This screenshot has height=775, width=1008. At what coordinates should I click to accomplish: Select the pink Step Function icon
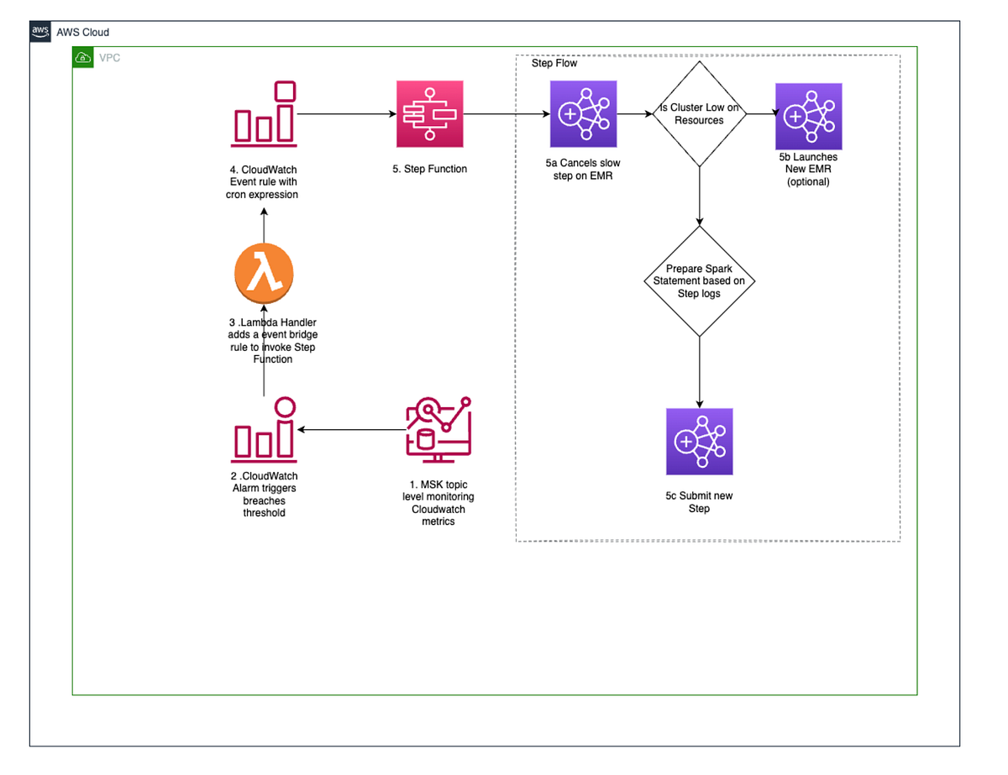pyautogui.click(x=429, y=114)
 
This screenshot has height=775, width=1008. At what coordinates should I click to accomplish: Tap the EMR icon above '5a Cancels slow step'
pyautogui.click(x=582, y=114)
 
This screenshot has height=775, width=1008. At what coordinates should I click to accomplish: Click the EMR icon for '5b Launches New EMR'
pyautogui.click(x=809, y=116)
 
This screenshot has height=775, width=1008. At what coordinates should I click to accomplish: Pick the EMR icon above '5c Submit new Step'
pyautogui.click(x=699, y=442)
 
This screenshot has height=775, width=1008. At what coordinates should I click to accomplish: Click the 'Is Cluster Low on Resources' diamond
pyautogui.click(x=699, y=114)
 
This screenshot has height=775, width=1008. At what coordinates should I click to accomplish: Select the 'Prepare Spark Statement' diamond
pyautogui.click(x=699, y=281)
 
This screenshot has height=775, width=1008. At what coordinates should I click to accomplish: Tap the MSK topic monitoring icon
pyautogui.click(x=437, y=430)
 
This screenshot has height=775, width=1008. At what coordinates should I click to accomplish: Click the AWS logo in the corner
pyautogui.click(x=40, y=32)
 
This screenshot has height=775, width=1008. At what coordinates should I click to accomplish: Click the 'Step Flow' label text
pyautogui.click(x=554, y=64)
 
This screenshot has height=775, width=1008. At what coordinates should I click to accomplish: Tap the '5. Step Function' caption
pyautogui.click(x=429, y=169)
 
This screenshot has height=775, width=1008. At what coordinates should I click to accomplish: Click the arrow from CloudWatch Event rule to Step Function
pyautogui.click(x=346, y=113)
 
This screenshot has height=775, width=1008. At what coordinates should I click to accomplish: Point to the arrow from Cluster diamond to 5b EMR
pyautogui.click(x=760, y=114)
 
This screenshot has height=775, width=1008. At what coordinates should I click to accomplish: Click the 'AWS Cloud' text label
pyautogui.click(x=82, y=33)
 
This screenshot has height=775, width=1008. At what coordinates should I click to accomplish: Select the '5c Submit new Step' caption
pyautogui.click(x=699, y=502)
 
